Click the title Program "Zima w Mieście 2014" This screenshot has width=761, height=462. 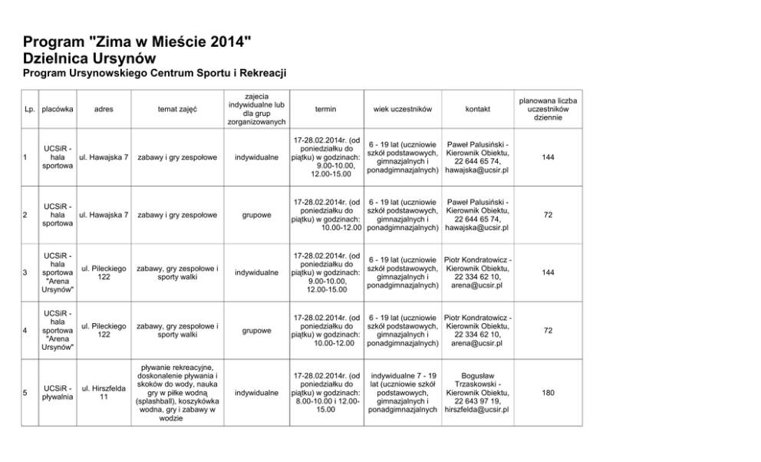pyautogui.click(x=137, y=42)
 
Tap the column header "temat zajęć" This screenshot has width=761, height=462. pyautogui.click(x=177, y=110)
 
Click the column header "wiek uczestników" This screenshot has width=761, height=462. pyautogui.click(x=403, y=110)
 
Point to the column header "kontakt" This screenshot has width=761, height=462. pyautogui.click(x=477, y=110)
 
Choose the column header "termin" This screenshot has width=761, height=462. pyautogui.click(x=325, y=110)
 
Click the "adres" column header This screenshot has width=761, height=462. pyautogui.click(x=104, y=110)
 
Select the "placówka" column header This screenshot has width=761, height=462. pyautogui.click(x=58, y=110)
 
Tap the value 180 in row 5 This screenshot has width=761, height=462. pyautogui.click(x=548, y=393)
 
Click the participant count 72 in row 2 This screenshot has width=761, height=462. pyautogui.click(x=548, y=215)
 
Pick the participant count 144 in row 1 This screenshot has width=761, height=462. pyautogui.click(x=548, y=157)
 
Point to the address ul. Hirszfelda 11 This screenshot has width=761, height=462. pyautogui.click(x=104, y=393)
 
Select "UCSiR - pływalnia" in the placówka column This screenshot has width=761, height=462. pyautogui.click(x=58, y=393)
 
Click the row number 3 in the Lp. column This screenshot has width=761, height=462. pyautogui.click(x=26, y=272)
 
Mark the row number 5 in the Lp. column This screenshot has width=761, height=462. pyautogui.click(x=26, y=393)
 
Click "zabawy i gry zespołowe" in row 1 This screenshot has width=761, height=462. pyautogui.click(x=177, y=157)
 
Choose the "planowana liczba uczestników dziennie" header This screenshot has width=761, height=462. pyautogui.click(x=548, y=110)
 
